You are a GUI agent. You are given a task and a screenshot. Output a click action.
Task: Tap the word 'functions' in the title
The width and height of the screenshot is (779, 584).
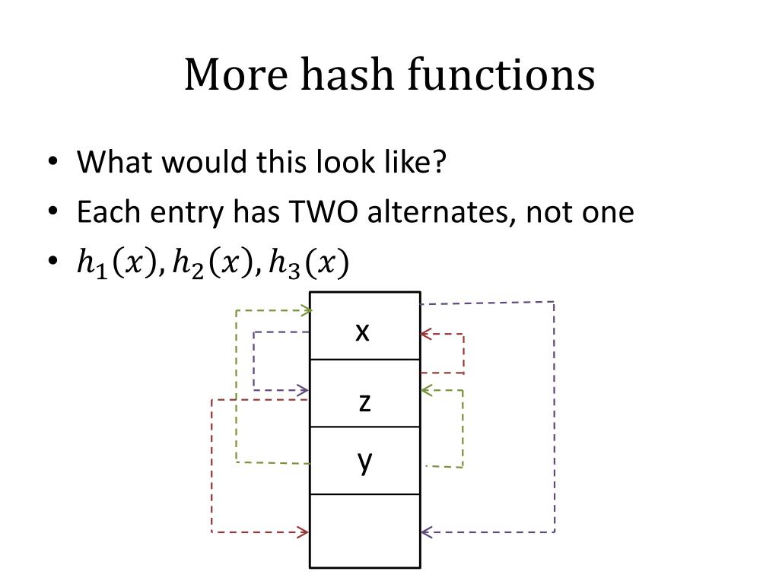pos(501,75)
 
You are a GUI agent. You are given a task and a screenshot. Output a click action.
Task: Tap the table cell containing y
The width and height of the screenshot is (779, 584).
pos(364,460)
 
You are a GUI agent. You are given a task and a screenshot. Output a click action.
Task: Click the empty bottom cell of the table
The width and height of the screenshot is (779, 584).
pos(364,531)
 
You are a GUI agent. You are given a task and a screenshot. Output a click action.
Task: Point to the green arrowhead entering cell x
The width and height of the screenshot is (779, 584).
pos(306,310)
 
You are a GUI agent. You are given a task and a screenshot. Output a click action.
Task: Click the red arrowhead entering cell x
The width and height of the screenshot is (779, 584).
pos(425,334)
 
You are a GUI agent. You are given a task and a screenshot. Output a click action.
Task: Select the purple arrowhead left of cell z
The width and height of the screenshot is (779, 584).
pos(304,391)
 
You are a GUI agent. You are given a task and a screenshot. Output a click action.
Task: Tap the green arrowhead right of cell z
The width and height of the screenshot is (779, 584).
pos(425,390)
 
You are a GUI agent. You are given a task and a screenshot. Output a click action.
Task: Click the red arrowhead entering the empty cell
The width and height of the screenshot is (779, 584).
pos(304,532)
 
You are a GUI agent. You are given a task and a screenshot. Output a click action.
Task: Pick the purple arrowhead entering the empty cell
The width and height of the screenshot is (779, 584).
pos(426,532)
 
